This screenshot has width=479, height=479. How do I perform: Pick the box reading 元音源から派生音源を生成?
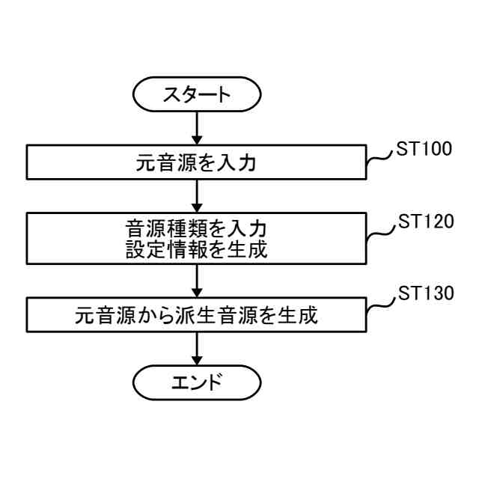pos(197,316)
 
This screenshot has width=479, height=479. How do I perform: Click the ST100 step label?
pos(424,147)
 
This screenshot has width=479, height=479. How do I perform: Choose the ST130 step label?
pos(424,293)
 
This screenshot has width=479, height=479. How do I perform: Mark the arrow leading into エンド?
pos(197,350)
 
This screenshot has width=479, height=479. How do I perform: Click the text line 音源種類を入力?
pos(197,225)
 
